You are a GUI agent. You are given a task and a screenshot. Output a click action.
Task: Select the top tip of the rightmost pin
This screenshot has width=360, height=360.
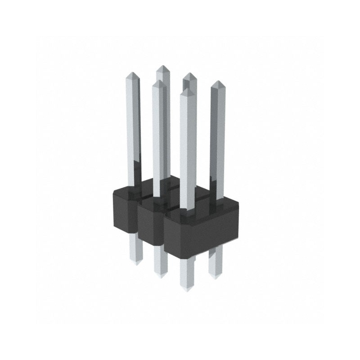(x=217, y=81)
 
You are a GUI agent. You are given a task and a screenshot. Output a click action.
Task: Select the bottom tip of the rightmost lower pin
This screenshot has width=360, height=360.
(x=215, y=276)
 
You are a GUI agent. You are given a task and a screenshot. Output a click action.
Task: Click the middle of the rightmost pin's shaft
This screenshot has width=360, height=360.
(x=217, y=139)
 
